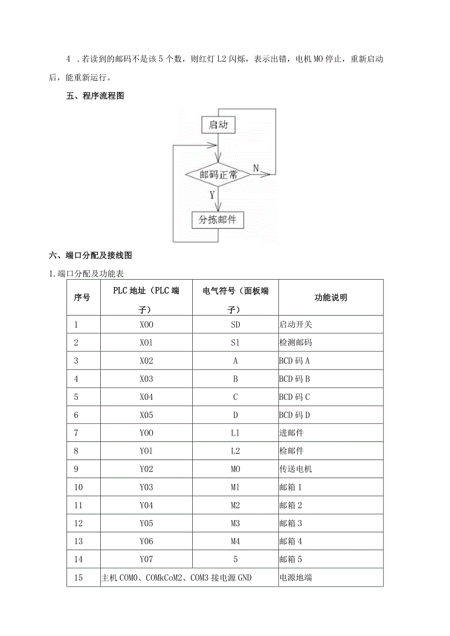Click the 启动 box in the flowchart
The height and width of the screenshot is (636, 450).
218,125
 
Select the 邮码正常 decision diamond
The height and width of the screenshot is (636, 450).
218,174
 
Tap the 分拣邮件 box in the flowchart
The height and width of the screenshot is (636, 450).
217,220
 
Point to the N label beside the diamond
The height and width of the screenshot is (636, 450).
256,168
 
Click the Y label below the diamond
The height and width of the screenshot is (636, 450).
212,195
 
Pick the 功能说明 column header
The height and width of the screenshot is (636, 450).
331,298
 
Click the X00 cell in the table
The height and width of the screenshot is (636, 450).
146,325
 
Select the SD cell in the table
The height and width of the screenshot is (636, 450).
235,325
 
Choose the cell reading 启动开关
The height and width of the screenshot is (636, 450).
295,325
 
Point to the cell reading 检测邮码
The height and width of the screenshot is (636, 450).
295,343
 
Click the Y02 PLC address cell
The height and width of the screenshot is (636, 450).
146,469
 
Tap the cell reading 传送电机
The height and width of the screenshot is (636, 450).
295,469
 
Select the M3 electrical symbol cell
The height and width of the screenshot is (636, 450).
235,524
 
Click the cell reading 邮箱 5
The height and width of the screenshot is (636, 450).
291,559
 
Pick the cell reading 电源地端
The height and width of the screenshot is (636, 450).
295,577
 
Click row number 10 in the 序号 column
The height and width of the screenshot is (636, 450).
78,487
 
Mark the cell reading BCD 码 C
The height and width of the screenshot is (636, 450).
294,397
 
